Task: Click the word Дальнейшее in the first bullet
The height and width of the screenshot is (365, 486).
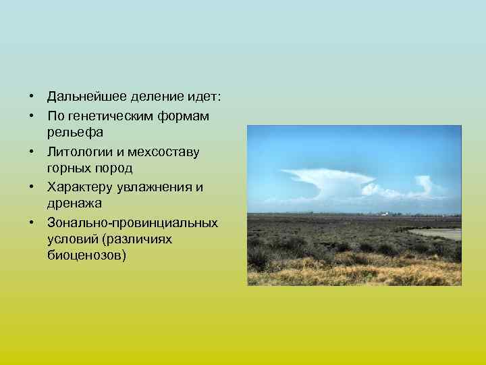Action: coord(85,99)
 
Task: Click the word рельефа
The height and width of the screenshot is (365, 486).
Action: coord(75,134)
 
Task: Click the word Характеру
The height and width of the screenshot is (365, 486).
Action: coord(78,187)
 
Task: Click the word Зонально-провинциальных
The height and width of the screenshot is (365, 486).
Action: coord(132,222)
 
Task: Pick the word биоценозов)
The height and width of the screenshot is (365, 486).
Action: coord(86,257)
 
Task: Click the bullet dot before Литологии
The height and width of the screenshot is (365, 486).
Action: coord(32,151)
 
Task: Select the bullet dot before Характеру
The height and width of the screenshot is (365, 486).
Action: coord(32,187)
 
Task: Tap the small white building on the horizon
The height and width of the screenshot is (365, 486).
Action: coord(383,214)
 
